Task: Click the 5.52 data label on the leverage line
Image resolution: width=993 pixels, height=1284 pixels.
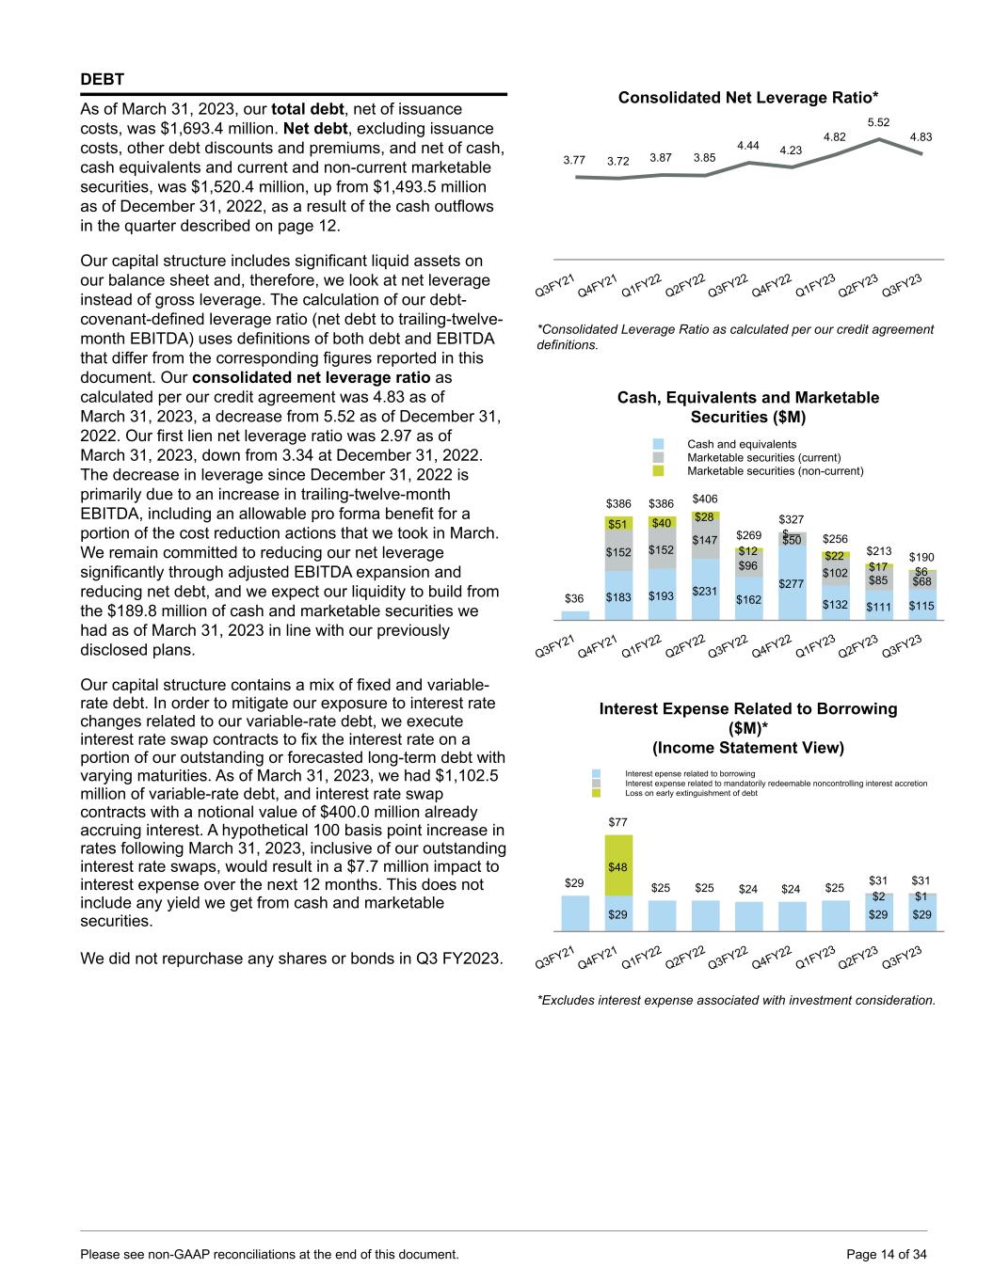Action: pos(878,122)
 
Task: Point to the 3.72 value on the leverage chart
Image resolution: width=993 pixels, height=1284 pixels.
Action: pos(617,161)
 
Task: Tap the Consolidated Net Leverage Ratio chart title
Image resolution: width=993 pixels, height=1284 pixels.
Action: pos(748,97)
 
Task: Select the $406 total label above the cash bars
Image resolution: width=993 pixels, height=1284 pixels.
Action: pos(705,499)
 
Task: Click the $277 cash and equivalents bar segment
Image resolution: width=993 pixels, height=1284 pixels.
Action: pos(792,583)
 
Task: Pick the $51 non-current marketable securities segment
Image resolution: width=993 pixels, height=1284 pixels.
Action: pos(617,524)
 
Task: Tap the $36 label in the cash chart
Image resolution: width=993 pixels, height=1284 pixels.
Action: pos(574,598)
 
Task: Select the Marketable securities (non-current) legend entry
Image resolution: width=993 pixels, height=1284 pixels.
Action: pos(775,470)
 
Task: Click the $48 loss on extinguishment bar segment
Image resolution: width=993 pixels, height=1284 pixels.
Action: pos(617,866)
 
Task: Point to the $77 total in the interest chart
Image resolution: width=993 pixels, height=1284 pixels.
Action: pos(617,822)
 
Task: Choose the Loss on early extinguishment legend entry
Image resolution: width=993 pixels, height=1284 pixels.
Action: pos(691,793)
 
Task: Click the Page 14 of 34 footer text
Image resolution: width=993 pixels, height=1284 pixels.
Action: pos(888,1254)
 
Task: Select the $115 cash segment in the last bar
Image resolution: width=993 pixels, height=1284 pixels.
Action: pos(921,607)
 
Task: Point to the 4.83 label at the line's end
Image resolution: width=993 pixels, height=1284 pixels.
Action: pos(921,137)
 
